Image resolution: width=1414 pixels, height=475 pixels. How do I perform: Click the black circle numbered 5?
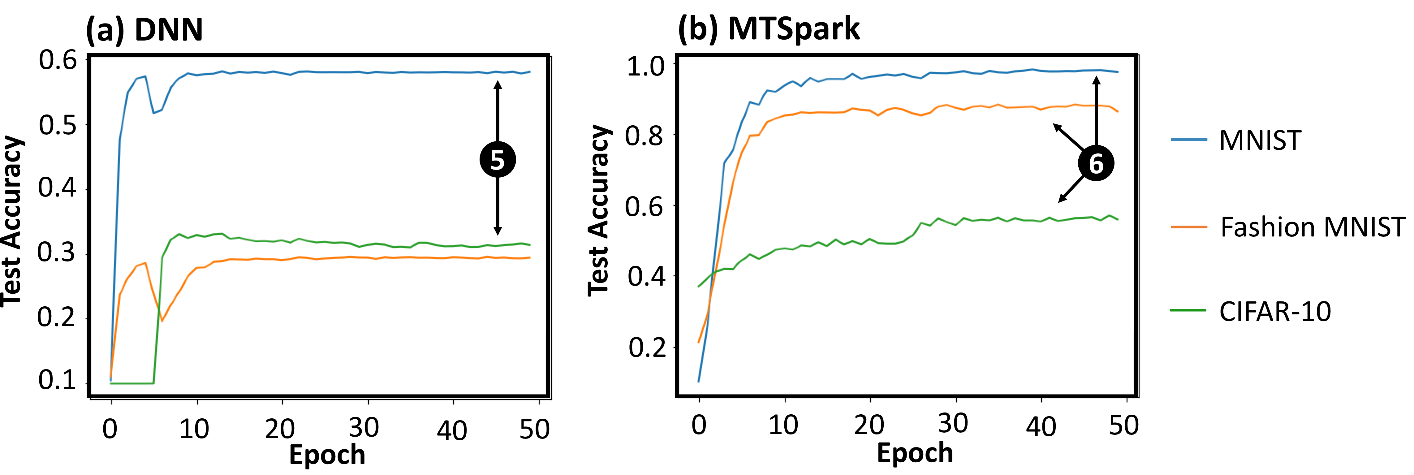(x=497, y=160)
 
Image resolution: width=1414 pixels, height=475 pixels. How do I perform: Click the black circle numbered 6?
(x=1096, y=163)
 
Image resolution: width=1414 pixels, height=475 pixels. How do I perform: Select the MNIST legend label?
(x=1260, y=140)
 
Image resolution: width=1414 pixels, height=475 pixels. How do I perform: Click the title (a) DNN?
(x=144, y=30)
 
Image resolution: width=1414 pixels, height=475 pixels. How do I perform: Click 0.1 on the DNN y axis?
(x=57, y=380)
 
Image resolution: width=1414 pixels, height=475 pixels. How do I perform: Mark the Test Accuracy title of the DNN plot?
(x=12, y=221)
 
